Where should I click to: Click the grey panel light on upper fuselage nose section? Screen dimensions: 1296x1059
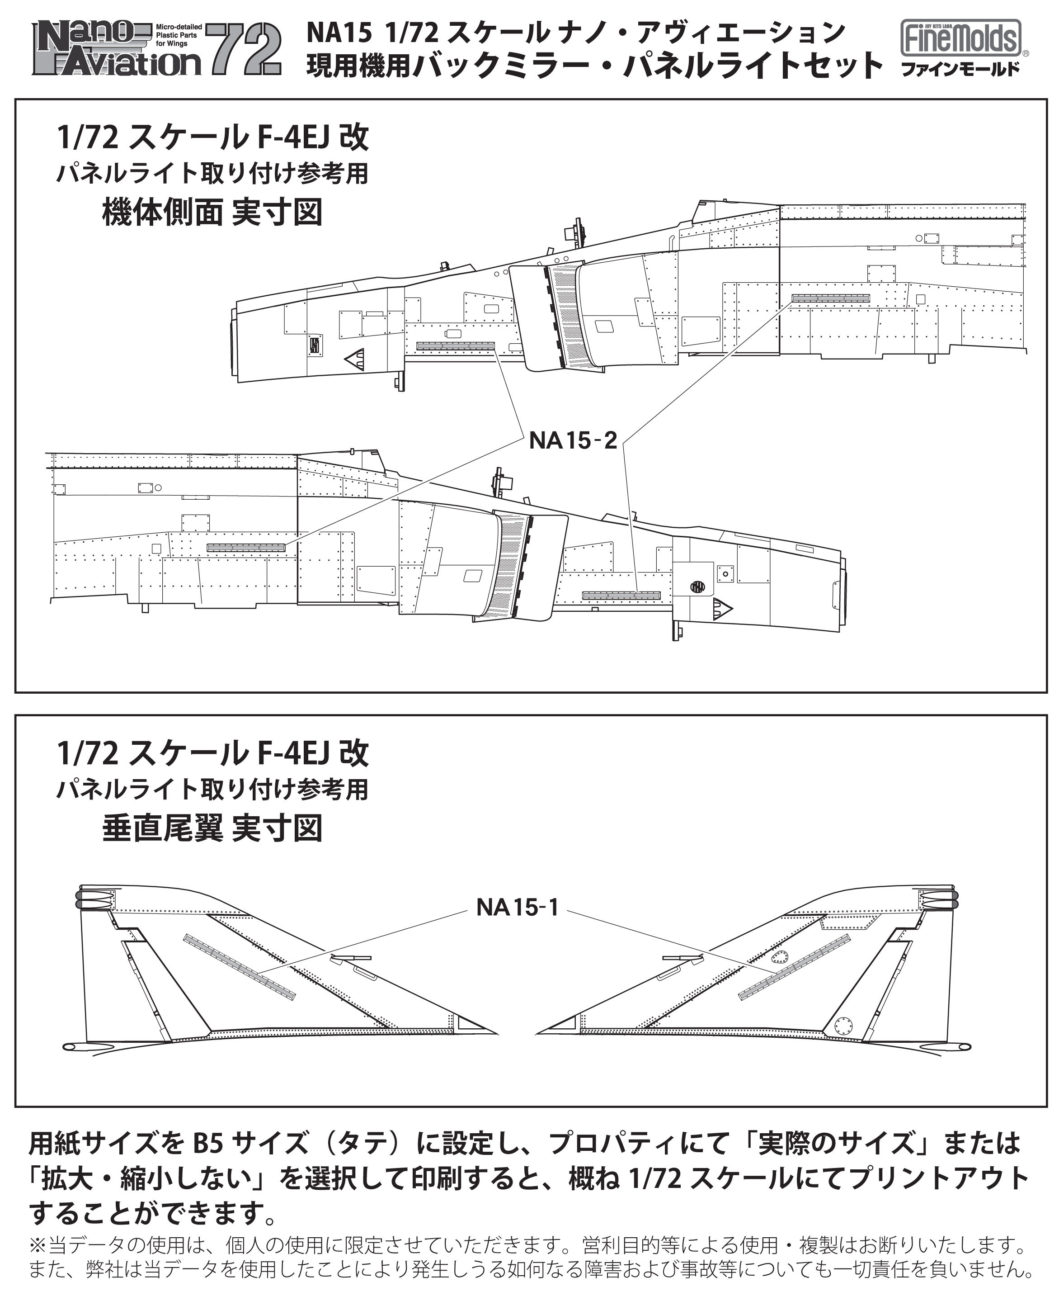tap(455, 346)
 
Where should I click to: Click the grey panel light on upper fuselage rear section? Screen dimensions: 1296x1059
tap(831, 298)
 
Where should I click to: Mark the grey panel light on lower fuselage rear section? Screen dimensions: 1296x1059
tap(246, 547)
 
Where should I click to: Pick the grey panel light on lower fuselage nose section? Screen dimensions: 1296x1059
tap(621, 595)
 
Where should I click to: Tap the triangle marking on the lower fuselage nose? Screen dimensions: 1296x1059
tap(722, 608)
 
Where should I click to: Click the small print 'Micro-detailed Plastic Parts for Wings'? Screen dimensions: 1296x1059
tap(178, 35)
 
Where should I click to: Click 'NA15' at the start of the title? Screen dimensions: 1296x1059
tap(339, 33)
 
